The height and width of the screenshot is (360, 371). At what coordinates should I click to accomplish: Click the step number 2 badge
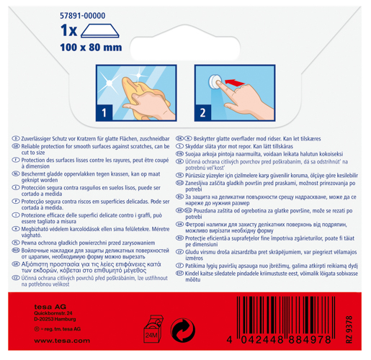coord(204,112)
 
